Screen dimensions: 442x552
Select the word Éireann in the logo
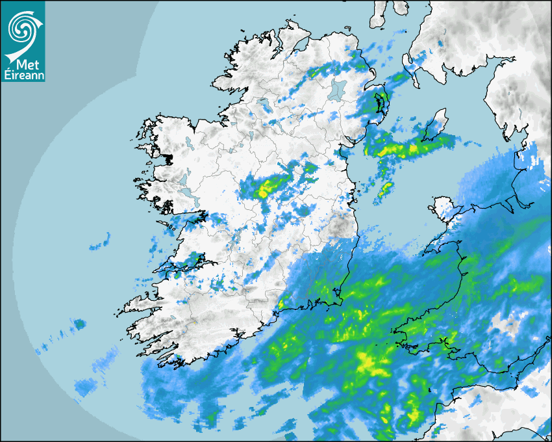pyautogui.click(x=23, y=75)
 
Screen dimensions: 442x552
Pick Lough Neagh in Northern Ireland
pyautogui.click(x=337, y=89)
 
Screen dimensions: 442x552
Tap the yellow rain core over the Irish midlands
pyautogui.click(x=265, y=190)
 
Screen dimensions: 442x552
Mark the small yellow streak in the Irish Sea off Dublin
pyautogui.click(x=386, y=188)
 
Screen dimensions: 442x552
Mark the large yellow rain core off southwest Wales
pyautogui.click(x=367, y=361)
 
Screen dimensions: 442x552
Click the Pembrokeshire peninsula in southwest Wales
pyautogui.click(x=406, y=335)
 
